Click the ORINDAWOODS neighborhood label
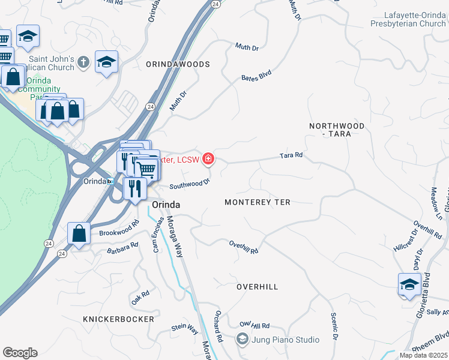point(178,64)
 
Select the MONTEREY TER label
point(257,202)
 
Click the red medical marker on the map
point(208,159)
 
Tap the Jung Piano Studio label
point(284,340)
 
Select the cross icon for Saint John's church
point(83,61)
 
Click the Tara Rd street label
point(291,155)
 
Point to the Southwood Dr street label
point(189,183)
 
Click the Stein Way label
point(184,328)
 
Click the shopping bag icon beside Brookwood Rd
point(79,233)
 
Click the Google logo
point(20,353)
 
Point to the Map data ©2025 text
point(423,355)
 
